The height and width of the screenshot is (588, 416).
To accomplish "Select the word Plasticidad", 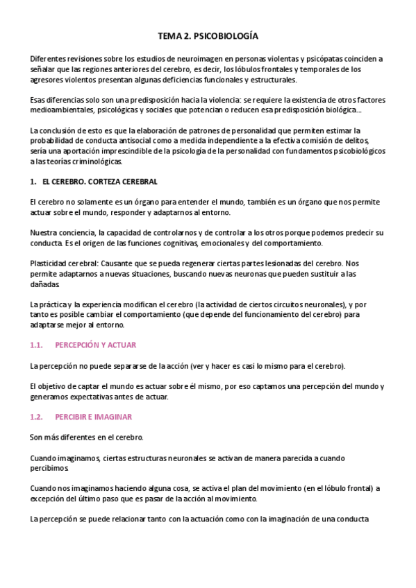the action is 51,263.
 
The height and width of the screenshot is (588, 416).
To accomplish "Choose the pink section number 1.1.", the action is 37,345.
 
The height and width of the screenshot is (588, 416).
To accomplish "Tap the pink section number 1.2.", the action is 37,417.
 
